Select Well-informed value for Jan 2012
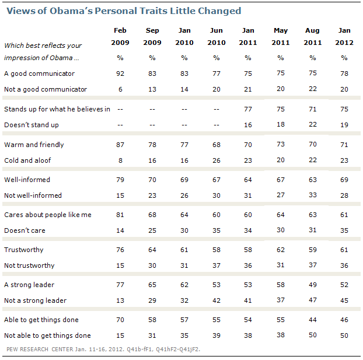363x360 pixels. (344, 180)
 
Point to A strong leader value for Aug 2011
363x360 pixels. (312, 285)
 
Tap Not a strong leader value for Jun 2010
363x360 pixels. (216, 300)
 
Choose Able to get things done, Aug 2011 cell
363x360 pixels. (312, 320)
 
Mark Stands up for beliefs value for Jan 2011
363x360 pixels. (247, 110)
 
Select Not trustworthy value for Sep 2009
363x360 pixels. (152, 265)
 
